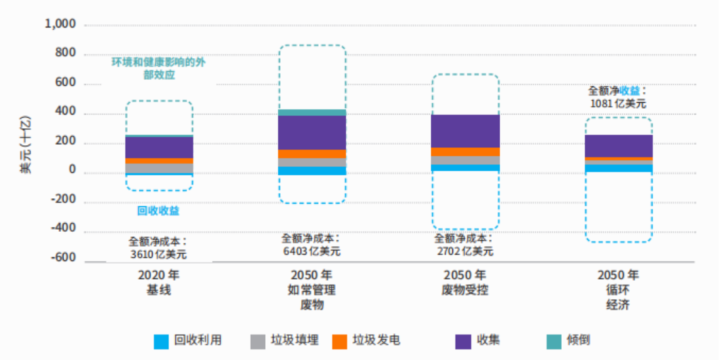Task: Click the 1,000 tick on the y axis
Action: [60, 24]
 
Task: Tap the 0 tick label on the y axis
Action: [72, 171]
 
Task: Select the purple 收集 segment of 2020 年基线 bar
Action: [159, 147]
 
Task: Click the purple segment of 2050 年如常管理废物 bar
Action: [312, 132]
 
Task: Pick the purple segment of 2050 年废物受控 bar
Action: [465, 131]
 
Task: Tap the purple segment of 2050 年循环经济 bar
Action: [619, 145]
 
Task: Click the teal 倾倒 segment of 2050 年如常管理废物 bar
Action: [312, 113]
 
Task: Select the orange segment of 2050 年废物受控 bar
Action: [465, 152]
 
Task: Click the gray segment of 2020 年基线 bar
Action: [159, 168]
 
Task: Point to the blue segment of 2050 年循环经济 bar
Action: [619, 168]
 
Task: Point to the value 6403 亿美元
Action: [311, 251]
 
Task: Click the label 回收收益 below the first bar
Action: [158, 211]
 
